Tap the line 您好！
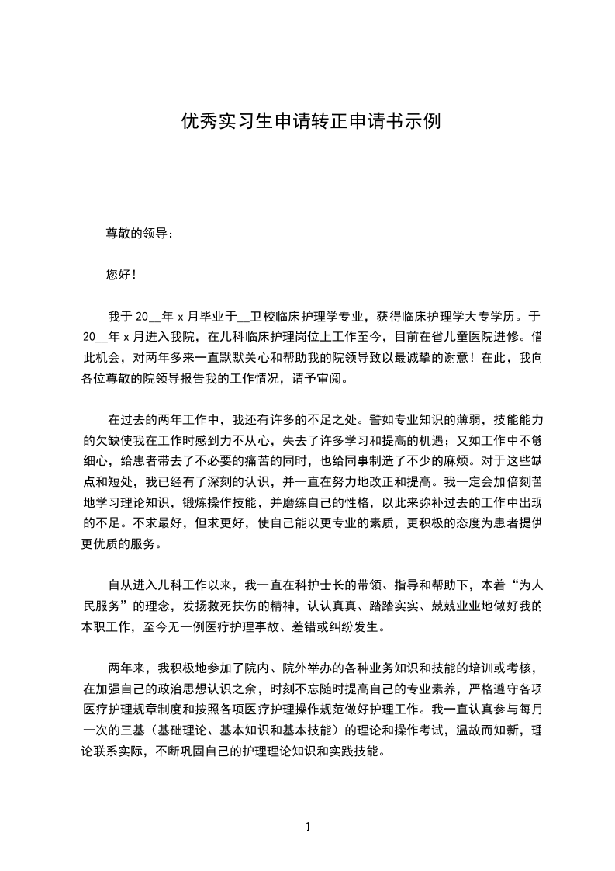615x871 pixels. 121,275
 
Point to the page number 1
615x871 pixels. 308,826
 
